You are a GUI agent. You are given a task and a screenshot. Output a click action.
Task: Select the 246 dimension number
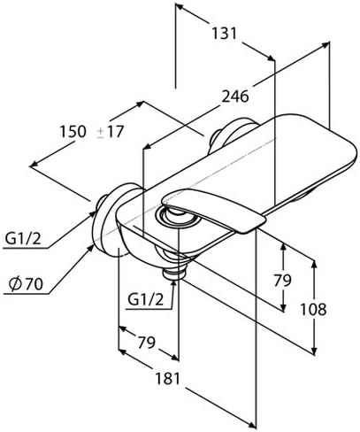pos(233,96)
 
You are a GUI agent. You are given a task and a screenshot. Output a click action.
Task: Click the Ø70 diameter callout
pos(26,285)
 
